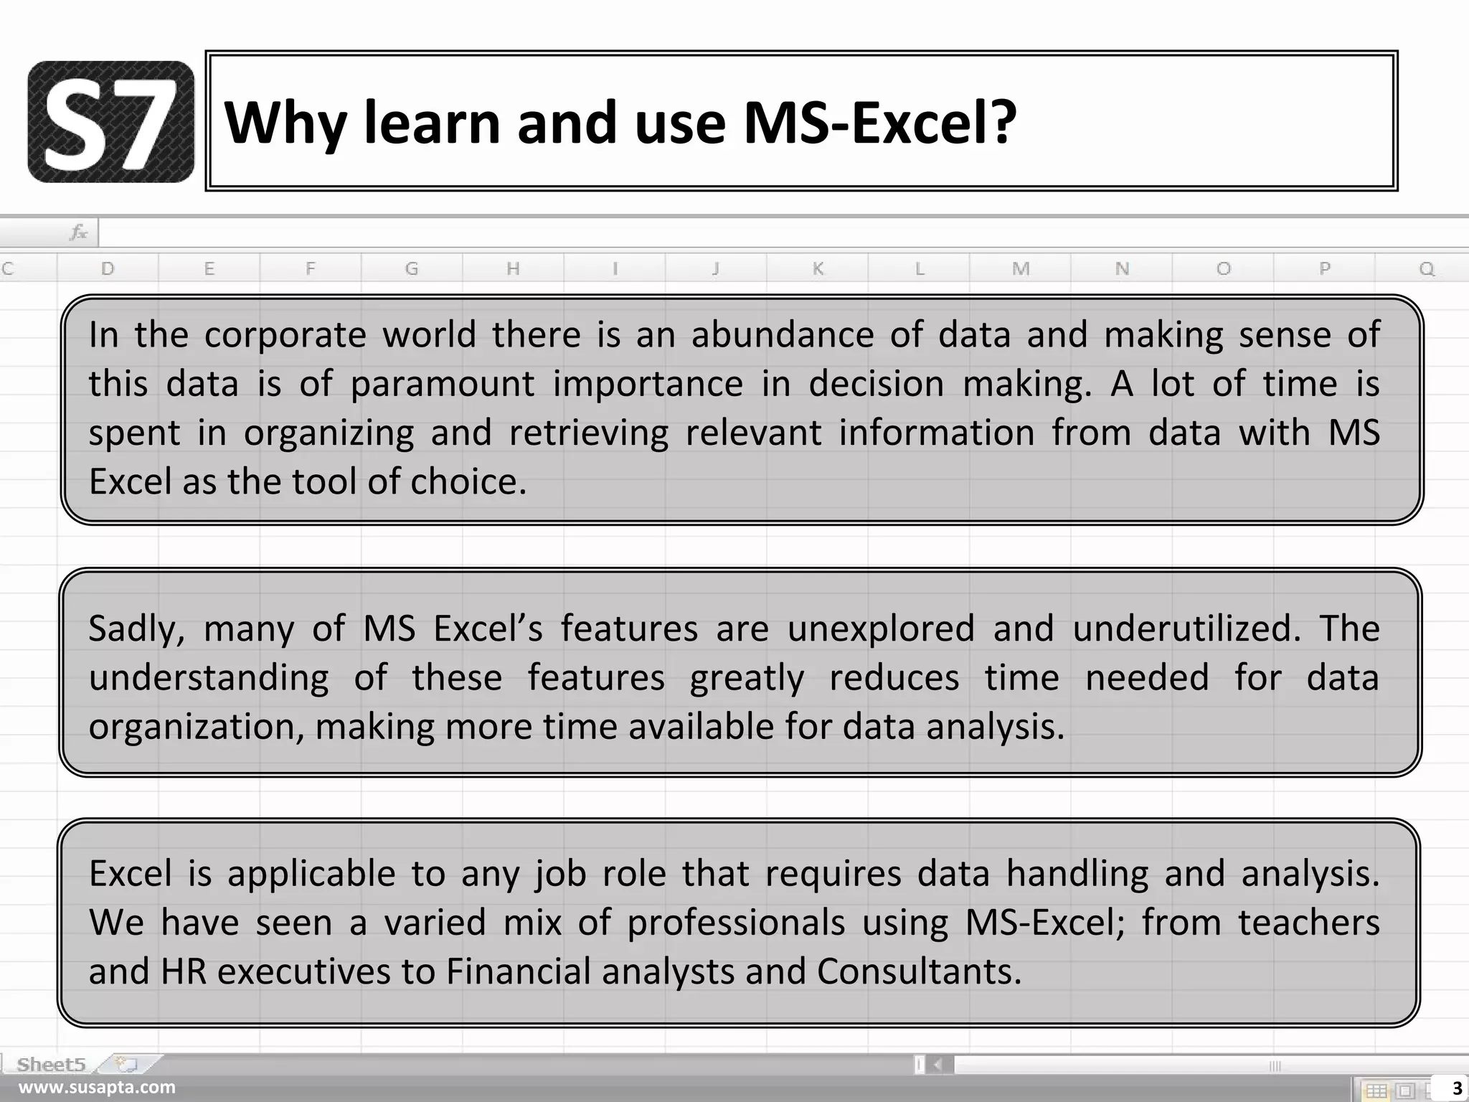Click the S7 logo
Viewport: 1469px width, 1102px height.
pos(110,121)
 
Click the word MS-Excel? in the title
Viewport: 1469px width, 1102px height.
pos(879,123)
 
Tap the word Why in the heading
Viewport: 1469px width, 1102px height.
pos(286,123)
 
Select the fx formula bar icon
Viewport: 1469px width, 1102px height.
pos(78,232)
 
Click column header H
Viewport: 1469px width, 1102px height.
pos(513,269)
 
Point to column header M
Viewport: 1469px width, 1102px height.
pos(1021,269)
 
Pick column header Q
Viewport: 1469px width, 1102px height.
pos(1427,269)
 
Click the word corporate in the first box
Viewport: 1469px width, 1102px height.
pos(285,335)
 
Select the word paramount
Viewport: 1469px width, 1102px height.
pos(442,385)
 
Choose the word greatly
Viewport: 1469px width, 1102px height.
pos(747,678)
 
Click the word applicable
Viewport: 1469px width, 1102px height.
pos(311,874)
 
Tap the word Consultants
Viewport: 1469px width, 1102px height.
pos(919,971)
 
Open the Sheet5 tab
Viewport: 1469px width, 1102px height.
pos(52,1064)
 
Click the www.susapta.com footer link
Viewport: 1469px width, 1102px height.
pos(97,1088)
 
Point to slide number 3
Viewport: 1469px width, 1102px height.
pos(1457,1089)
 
